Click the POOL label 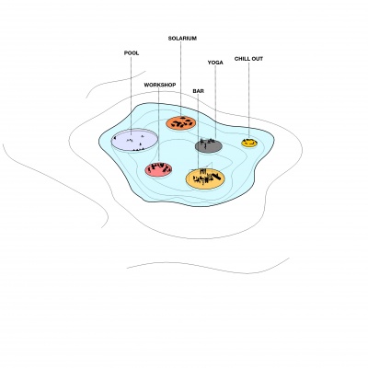coord(132,53)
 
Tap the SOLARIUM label coord(182,39)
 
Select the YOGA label coord(215,63)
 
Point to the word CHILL coord(241,59)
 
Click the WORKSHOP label coord(160,85)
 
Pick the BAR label coord(198,91)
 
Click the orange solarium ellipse coord(181,123)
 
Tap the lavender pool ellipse coord(134,140)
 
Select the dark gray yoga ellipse coord(209,146)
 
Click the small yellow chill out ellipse coord(249,143)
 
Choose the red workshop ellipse coord(158,169)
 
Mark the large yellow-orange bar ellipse coord(205,179)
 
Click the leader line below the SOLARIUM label coord(180,79)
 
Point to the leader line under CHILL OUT coord(248,100)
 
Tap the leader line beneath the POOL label coord(131,96)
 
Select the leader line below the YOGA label coord(215,102)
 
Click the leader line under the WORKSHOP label coord(158,125)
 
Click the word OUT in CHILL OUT coord(257,59)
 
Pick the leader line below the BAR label coord(198,132)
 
